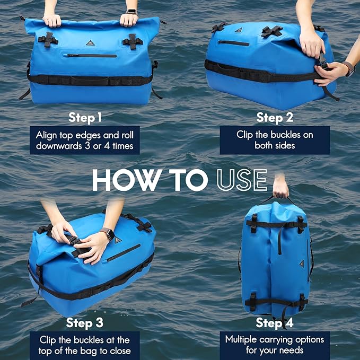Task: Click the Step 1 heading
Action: (85, 117)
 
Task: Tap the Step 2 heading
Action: (275, 117)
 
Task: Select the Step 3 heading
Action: (85, 323)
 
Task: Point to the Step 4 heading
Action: (274, 323)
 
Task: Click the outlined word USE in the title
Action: (241, 180)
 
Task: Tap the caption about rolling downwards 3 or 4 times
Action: (85, 140)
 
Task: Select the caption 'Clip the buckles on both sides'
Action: (275, 140)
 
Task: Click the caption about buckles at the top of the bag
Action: (85, 345)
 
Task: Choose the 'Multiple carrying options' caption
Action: (274, 345)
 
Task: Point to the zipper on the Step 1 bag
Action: (90, 55)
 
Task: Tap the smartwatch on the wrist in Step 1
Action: (131, 12)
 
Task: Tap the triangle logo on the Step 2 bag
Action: (238, 30)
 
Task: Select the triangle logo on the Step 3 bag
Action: (117, 240)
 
